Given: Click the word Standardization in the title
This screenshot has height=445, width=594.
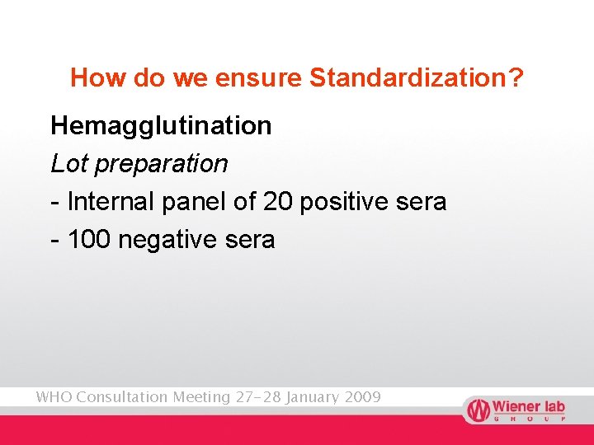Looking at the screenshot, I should (417, 78).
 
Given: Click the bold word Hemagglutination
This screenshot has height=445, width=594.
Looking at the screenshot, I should (161, 126).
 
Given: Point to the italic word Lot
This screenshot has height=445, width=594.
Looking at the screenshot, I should (69, 163).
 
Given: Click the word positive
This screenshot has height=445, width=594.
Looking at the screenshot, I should (346, 202).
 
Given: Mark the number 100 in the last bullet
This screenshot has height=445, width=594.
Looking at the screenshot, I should (90, 240).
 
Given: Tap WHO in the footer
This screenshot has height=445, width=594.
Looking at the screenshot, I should (53, 397).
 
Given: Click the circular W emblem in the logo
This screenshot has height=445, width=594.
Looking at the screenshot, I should (478, 410).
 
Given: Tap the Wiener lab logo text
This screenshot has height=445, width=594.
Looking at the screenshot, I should (529, 407).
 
